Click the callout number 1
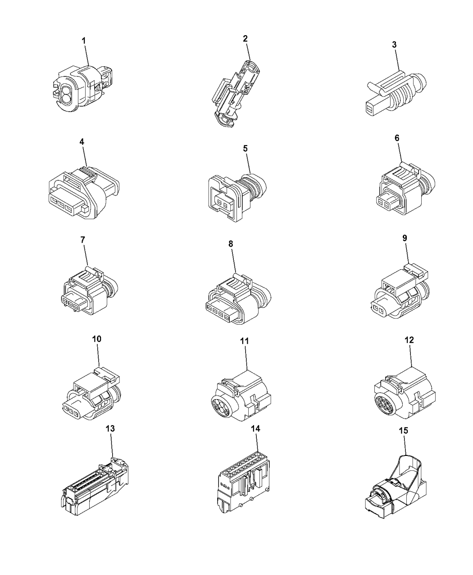pos(84,41)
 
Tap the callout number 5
pos(246,148)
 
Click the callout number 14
pos(255,429)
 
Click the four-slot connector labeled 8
pos(236,298)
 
